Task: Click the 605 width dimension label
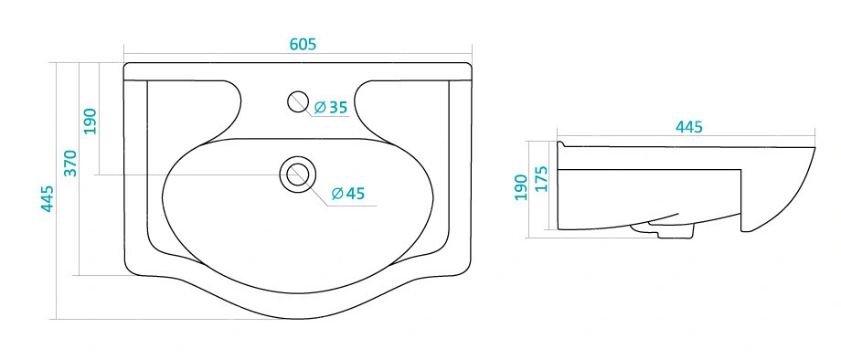tap(303, 45)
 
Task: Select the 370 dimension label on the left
tap(70, 164)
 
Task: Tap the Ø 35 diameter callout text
tap(331, 108)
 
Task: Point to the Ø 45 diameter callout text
tap(348, 193)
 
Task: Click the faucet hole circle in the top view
tap(298, 101)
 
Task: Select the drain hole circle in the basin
tap(298, 175)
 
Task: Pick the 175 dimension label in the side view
tap(541, 179)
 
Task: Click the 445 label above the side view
tap(688, 127)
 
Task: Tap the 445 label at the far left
tap(48, 198)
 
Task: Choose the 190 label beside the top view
tap(90, 122)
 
